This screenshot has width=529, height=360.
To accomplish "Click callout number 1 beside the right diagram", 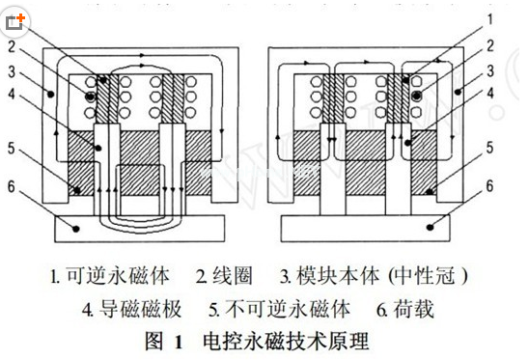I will tap(490, 17).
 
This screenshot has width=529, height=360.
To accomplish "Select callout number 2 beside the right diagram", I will tap(490, 44).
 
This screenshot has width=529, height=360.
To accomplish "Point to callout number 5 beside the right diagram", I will tap(490, 149).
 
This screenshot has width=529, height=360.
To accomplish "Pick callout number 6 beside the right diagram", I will tap(490, 184).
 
